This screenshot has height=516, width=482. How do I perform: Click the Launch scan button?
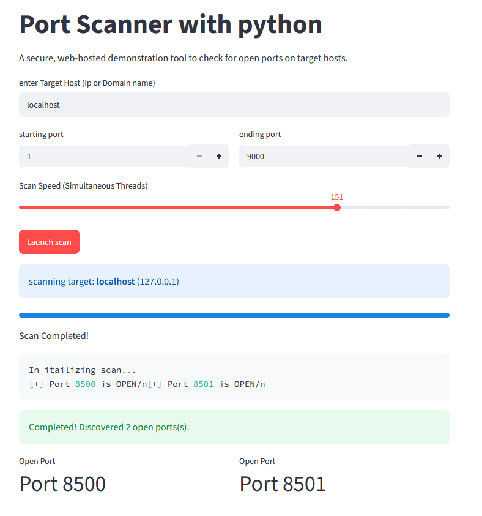click(x=49, y=242)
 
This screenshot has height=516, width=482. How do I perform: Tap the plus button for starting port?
click(x=219, y=156)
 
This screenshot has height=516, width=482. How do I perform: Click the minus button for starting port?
click(x=199, y=156)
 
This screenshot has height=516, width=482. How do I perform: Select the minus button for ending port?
click(x=420, y=156)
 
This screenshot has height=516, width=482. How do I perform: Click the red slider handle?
click(x=336, y=208)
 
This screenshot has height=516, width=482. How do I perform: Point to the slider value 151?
click(x=336, y=197)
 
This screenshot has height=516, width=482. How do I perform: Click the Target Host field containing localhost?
click(x=234, y=105)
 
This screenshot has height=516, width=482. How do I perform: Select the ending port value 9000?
click(x=256, y=157)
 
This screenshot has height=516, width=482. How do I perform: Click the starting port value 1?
click(x=29, y=157)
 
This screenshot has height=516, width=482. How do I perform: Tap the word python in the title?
click(x=280, y=25)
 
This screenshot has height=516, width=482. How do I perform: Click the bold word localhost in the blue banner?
click(x=116, y=282)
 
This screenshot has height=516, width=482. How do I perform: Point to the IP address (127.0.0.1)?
click(x=158, y=282)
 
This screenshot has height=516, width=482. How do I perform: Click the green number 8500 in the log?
click(x=85, y=384)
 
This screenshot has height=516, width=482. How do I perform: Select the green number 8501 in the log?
click(x=204, y=384)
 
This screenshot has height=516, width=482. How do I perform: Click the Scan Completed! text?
click(x=54, y=336)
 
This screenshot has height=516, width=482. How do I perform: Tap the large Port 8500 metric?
click(x=62, y=484)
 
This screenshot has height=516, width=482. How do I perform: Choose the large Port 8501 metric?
click(x=283, y=484)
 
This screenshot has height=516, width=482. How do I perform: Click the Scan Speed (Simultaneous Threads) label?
click(x=83, y=186)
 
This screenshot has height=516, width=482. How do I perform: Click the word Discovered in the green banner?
click(x=101, y=427)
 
